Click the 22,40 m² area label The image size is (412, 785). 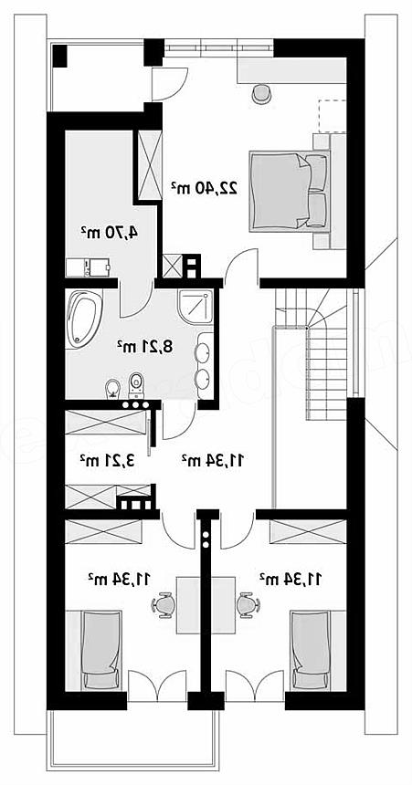pyautogui.click(x=204, y=188)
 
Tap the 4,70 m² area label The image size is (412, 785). pyautogui.click(x=110, y=232)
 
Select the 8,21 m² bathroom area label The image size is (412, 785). pyautogui.click(x=145, y=346)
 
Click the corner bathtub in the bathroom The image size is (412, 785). pyautogui.click(x=83, y=319)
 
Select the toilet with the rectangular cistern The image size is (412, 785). pyautogui.click(x=135, y=384)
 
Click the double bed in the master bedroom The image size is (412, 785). pyautogui.click(x=291, y=192)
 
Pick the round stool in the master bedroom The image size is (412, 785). pyautogui.click(x=261, y=94)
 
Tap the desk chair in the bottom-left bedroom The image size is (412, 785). pyautogui.click(x=163, y=605)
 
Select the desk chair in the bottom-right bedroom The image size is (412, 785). pyautogui.click(x=248, y=605)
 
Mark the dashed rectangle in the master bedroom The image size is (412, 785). pyautogui.click(x=332, y=116)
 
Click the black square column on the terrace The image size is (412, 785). pyautogui.click(x=60, y=56)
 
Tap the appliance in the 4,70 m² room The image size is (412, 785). pyautogui.click(x=88, y=267)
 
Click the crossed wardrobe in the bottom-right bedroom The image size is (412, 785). pyautogui.click(x=308, y=531)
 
